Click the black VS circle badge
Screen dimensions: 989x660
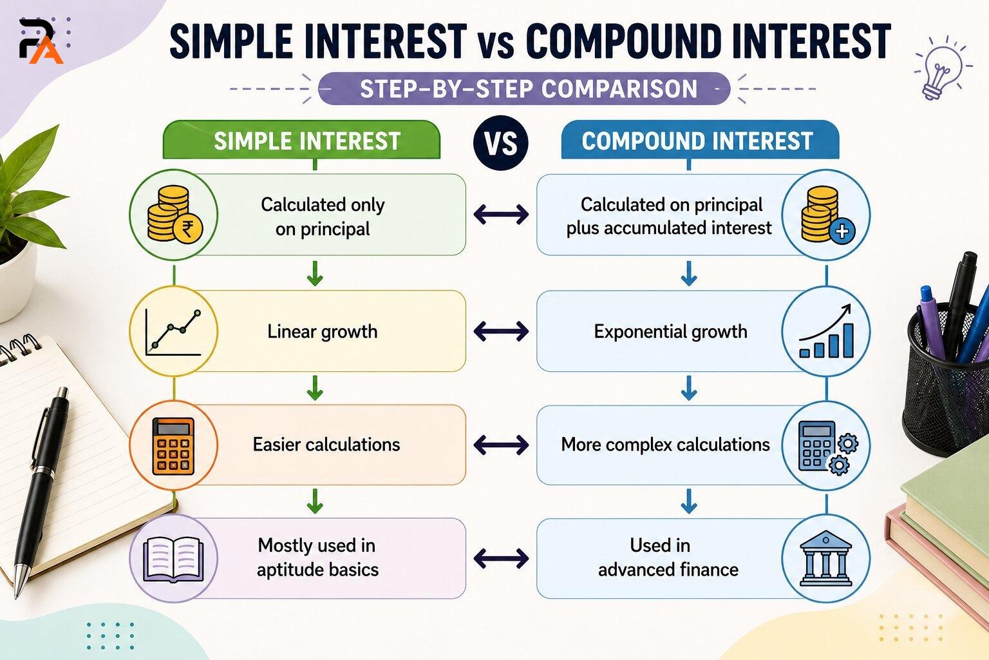coord(501,143)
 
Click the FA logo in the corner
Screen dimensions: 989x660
coord(41,41)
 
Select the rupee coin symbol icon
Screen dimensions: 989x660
coord(187,229)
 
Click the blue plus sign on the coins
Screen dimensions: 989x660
coord(842,231)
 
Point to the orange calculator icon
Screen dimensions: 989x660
coord(173,446)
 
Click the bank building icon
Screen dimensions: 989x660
coord(825,559)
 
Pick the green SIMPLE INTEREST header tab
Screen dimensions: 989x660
coord(301,140)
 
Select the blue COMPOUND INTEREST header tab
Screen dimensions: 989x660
coord(700,140)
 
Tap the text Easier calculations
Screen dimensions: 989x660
coord(326,445)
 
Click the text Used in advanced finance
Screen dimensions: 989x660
coord(668,558)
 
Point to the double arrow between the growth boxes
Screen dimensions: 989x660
coord(501,331)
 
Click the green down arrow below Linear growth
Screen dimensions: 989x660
coord(315,388)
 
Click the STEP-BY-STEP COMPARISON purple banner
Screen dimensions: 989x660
coord(523,88)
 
